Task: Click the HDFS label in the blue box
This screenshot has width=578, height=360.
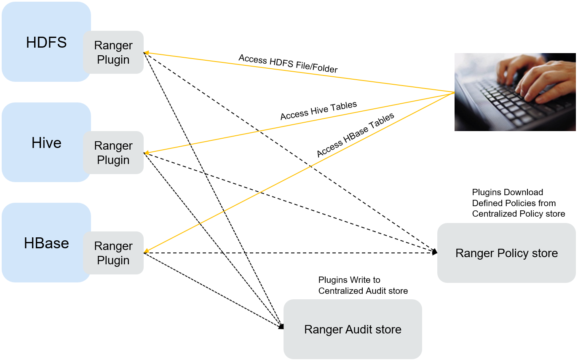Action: [x=46, y=43]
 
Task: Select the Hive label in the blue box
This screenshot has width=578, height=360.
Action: [x=46, y=143]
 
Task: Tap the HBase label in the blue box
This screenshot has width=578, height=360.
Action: [x=46, y=243]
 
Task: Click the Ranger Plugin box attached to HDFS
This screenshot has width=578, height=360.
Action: [x=113, y=52]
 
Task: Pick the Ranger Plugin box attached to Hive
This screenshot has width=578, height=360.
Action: [x=113, y=153]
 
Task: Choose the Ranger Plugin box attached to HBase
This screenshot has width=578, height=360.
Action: [x=113, y=253]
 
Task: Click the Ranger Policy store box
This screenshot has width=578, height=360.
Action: [x=506, y=253]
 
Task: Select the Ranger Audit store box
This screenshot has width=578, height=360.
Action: [x=353, y=329]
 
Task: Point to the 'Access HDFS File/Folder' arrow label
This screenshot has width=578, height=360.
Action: [x=288, y=64]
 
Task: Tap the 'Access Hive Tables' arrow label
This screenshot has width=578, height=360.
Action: [x=318, y=110]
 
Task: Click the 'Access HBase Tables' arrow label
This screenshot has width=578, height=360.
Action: [x=355, y=135]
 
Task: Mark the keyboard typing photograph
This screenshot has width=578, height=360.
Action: [x=515, y=92]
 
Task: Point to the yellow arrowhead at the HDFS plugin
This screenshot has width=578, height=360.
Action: [x=147, y=53]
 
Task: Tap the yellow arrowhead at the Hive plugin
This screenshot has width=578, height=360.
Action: [x=147, y=153]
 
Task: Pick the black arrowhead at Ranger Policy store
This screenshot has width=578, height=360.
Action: [x=435, y=252]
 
